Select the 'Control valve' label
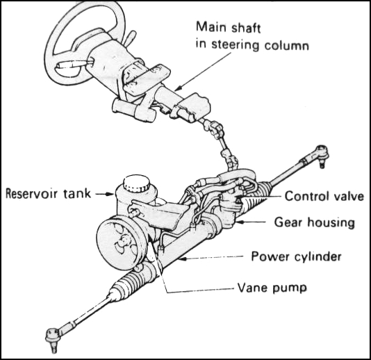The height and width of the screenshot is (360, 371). click(x=324, y=197)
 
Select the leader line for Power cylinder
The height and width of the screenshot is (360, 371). click(x=215, y=258)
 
